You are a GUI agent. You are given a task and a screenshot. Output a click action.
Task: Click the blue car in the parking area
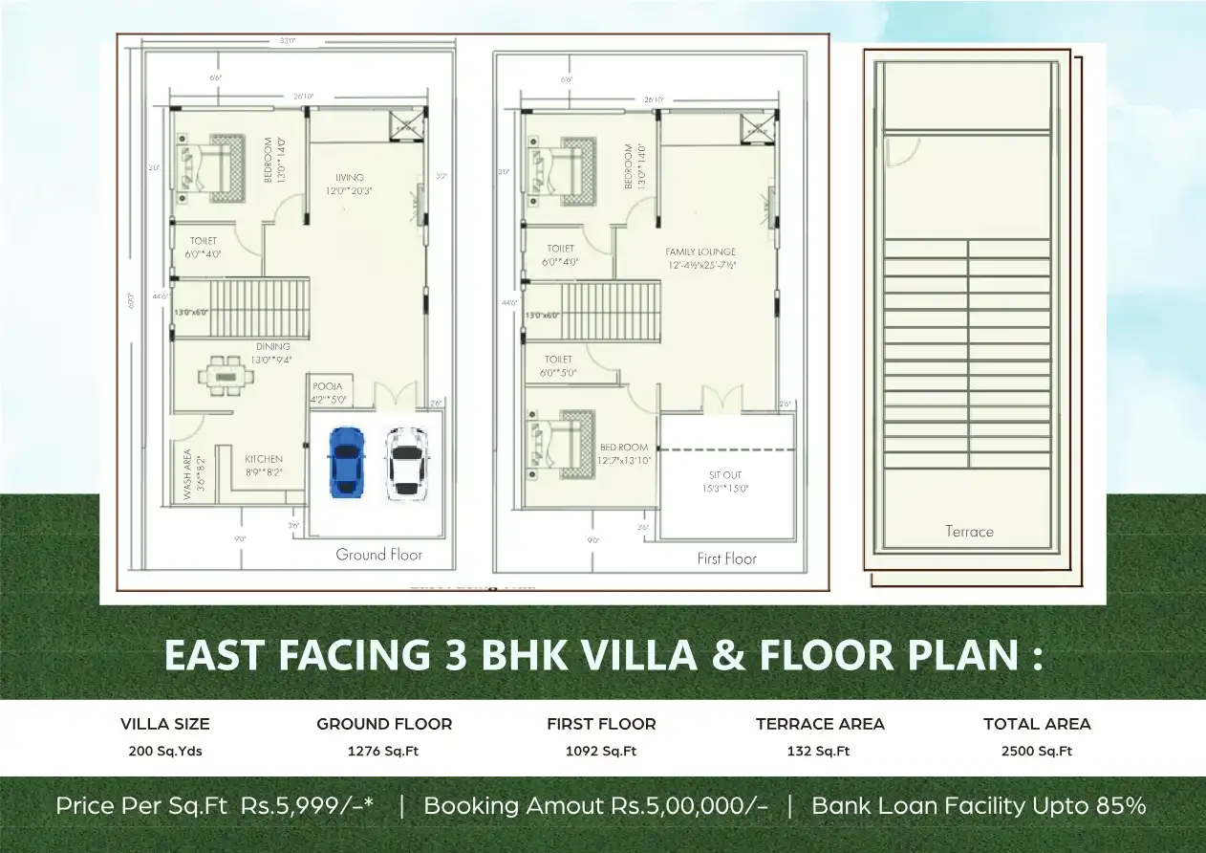click(x=346, y=462)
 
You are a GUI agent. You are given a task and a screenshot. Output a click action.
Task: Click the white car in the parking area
click(x=406, y=463)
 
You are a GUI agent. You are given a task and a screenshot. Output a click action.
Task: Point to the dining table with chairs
click(x=227, y=376)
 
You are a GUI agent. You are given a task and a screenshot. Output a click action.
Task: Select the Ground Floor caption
click(x=378, y=555)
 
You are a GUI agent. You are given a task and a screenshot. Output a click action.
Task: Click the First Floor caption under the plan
click(x=726, y=558)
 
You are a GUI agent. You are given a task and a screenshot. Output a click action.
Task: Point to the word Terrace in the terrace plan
click(x=969, y=532)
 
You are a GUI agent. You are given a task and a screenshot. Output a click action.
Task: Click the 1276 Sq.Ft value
click(x=383, y=751)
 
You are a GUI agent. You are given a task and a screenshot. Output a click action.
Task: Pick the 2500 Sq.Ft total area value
click(x=1037, y=751)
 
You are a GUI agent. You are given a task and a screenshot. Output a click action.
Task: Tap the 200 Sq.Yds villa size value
click(x=164, y=751)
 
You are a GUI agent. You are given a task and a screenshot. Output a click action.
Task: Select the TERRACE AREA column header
click(x=820, y=724)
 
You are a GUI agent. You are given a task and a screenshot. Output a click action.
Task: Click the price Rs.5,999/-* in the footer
click(x=307, y=805)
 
